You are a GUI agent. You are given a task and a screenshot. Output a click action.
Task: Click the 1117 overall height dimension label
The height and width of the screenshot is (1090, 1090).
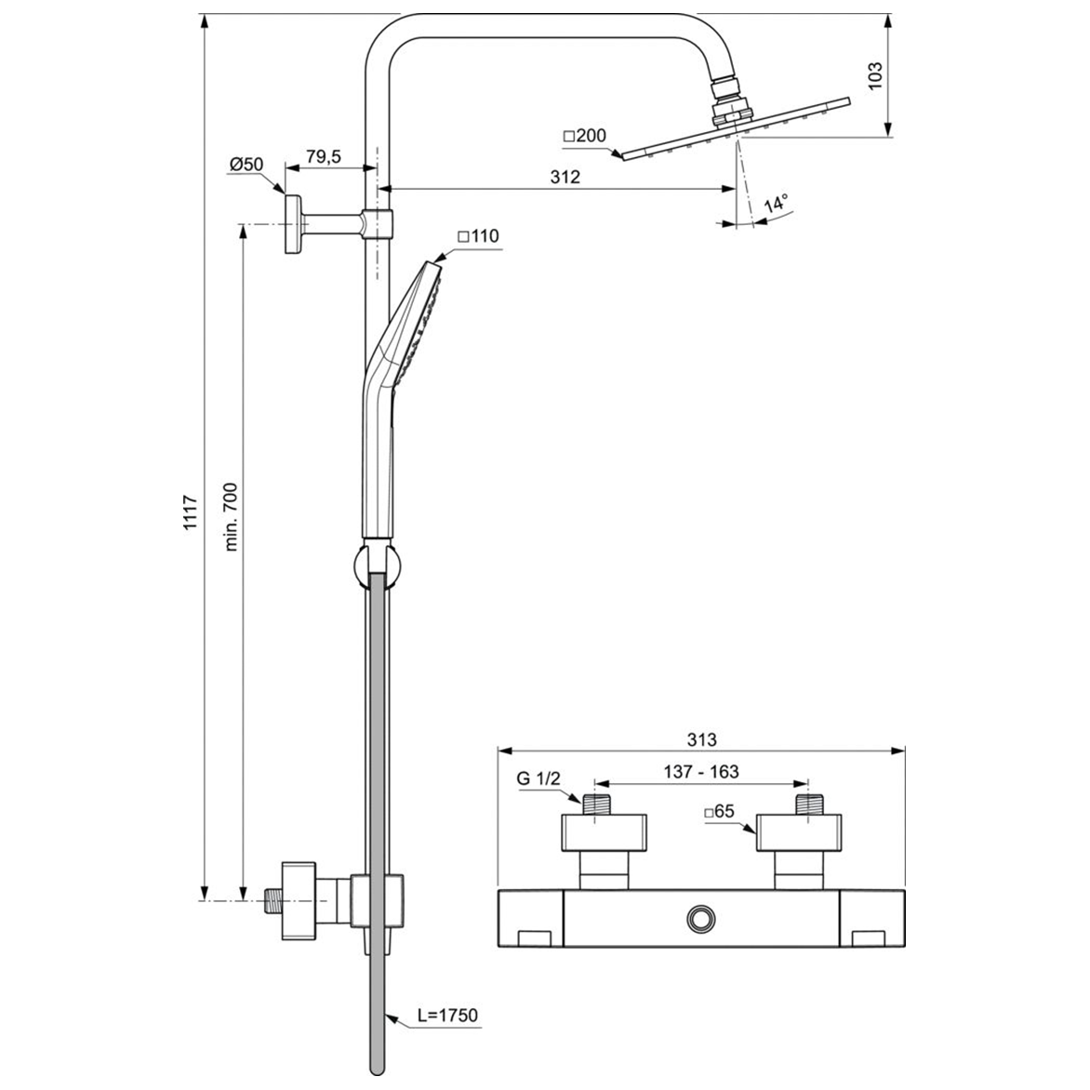pyautogui.click(x=191, y=513)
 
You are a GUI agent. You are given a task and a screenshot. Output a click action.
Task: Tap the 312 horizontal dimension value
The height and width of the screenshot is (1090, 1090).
pyautogui.click(x=565, y=177)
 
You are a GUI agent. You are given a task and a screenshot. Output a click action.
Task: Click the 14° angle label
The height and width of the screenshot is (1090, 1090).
pyautogui.click(x=776, y=203)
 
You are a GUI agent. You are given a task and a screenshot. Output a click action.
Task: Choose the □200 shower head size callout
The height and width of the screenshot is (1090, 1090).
pyautogui.click(x=584, y=136)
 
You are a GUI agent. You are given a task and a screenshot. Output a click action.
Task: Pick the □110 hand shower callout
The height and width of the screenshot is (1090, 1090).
pyautogui.click(x=478, y=236)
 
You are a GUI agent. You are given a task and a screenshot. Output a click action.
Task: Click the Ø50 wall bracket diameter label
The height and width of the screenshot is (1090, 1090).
pyautogui.click(x=246, y=165)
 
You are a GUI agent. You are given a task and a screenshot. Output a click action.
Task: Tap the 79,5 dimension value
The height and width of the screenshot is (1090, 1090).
pyautogui.click(x=323, y=156)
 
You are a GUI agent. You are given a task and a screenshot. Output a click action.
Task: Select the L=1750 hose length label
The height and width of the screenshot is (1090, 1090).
pyautogui.click(x=447, y=1015)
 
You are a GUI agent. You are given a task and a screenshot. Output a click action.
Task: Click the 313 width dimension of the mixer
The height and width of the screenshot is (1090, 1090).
pyautogui.click(x=702, y=739)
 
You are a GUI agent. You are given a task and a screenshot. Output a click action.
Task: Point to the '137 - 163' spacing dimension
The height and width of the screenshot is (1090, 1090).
pyautogui.click(x=701, y=772)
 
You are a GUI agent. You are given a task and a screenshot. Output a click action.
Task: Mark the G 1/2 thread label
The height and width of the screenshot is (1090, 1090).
pyautogui.click(x=539, y=779)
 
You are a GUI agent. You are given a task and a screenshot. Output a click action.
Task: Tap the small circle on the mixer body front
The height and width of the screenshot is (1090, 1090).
pyautogui.click(x=699, y=919)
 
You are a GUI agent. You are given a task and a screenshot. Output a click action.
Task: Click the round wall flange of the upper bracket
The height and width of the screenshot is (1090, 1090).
pyautogui.click(x=293, y=224)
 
